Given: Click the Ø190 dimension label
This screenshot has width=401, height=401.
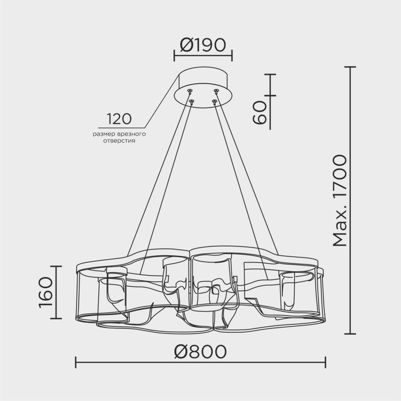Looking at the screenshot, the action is point(203,45).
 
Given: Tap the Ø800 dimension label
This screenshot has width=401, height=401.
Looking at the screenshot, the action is point(200,351).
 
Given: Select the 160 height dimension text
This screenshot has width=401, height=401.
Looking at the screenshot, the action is point(46,292).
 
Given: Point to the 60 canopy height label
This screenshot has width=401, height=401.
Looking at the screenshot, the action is point(260,112).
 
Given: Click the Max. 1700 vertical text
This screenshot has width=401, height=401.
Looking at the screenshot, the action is point(340,200).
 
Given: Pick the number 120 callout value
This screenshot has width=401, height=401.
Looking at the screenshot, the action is point(119,119).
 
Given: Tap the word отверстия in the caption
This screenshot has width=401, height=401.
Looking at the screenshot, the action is point(119,141).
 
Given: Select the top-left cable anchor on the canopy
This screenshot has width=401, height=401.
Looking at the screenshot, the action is point(190,91).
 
